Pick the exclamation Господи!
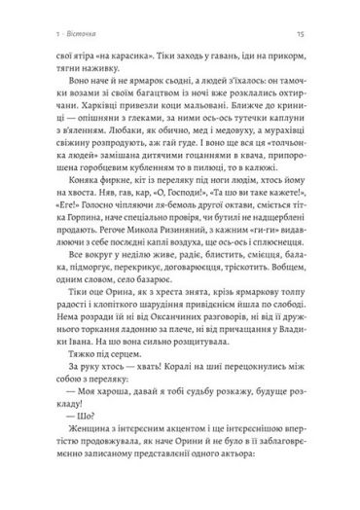pos(187,220)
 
